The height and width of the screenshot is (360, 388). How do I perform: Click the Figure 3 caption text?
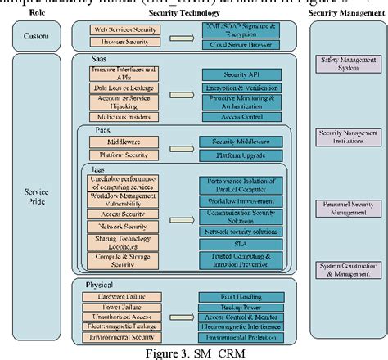coord(192,353)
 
